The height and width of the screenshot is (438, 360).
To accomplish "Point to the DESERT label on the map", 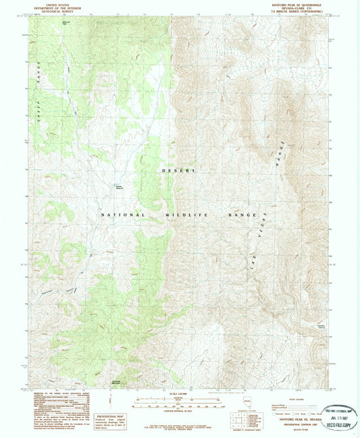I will pos(178,170).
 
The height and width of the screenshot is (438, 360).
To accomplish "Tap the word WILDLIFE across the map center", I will pos(184,214).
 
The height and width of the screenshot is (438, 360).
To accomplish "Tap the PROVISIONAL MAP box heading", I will pos(109,397).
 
